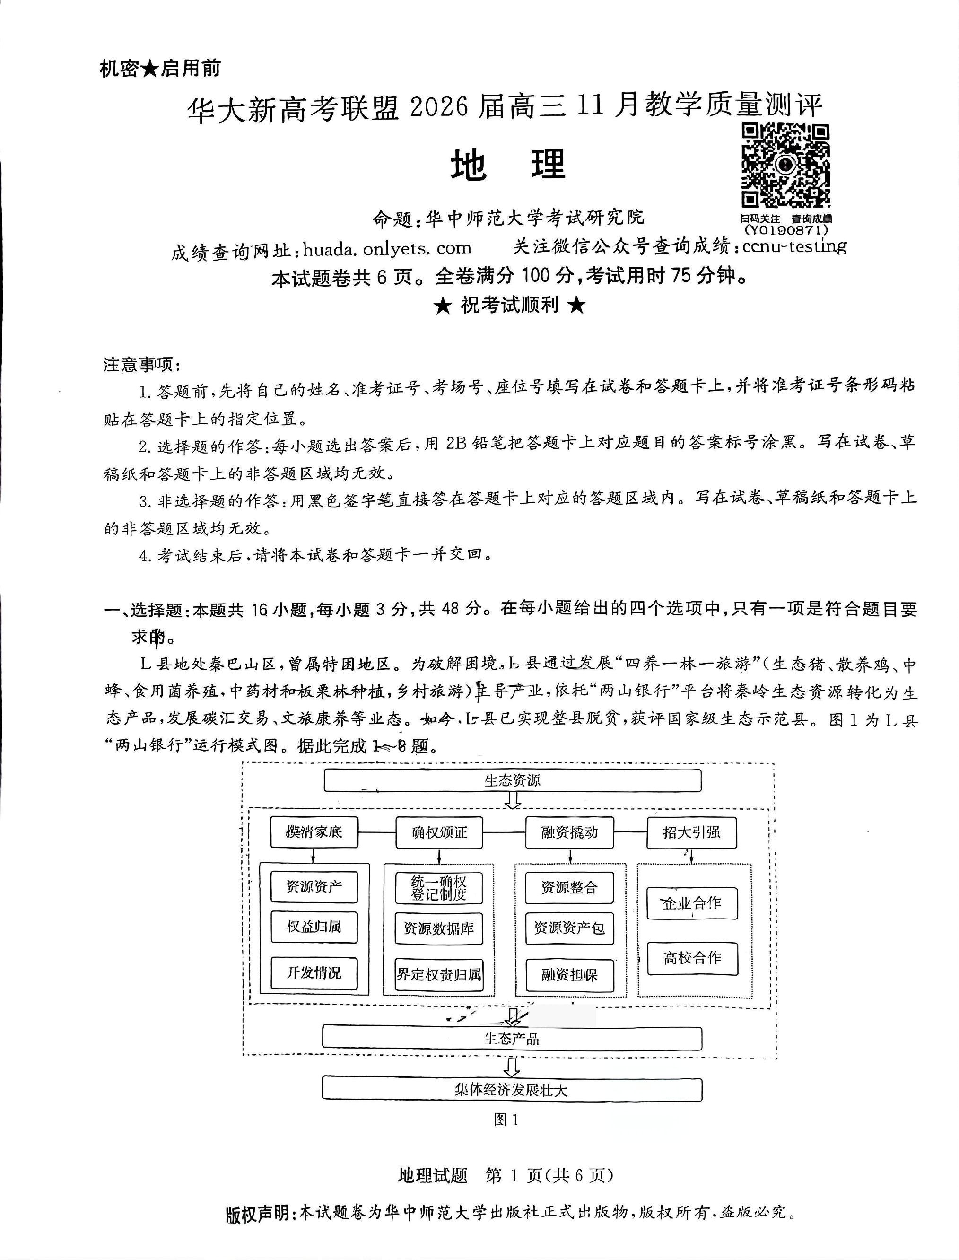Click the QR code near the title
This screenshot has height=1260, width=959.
(785, 166)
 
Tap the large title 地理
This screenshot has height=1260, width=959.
(507, 165)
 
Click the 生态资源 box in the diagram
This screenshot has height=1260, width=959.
(512, 780)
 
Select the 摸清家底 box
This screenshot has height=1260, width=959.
(314, 832)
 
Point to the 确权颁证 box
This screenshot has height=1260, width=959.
(439, 832)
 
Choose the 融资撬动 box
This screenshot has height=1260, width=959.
(569, 832)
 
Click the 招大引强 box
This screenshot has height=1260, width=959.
(691, 832)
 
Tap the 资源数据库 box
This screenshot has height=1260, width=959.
(438, 928)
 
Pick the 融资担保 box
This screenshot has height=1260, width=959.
(569, 975)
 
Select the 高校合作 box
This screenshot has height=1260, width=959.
(692, 958)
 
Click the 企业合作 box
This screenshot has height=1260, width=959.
(692, 903)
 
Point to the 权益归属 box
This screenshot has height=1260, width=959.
(314, 927)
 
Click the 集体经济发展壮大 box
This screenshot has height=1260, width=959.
(512, 1090)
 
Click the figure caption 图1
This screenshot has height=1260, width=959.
(506, 1120)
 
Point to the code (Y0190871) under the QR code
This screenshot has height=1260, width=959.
(785, 230)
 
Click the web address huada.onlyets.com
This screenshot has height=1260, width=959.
(387, 249)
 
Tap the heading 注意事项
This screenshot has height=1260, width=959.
(141, 364)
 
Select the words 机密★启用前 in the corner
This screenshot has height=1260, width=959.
(160, 69)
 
